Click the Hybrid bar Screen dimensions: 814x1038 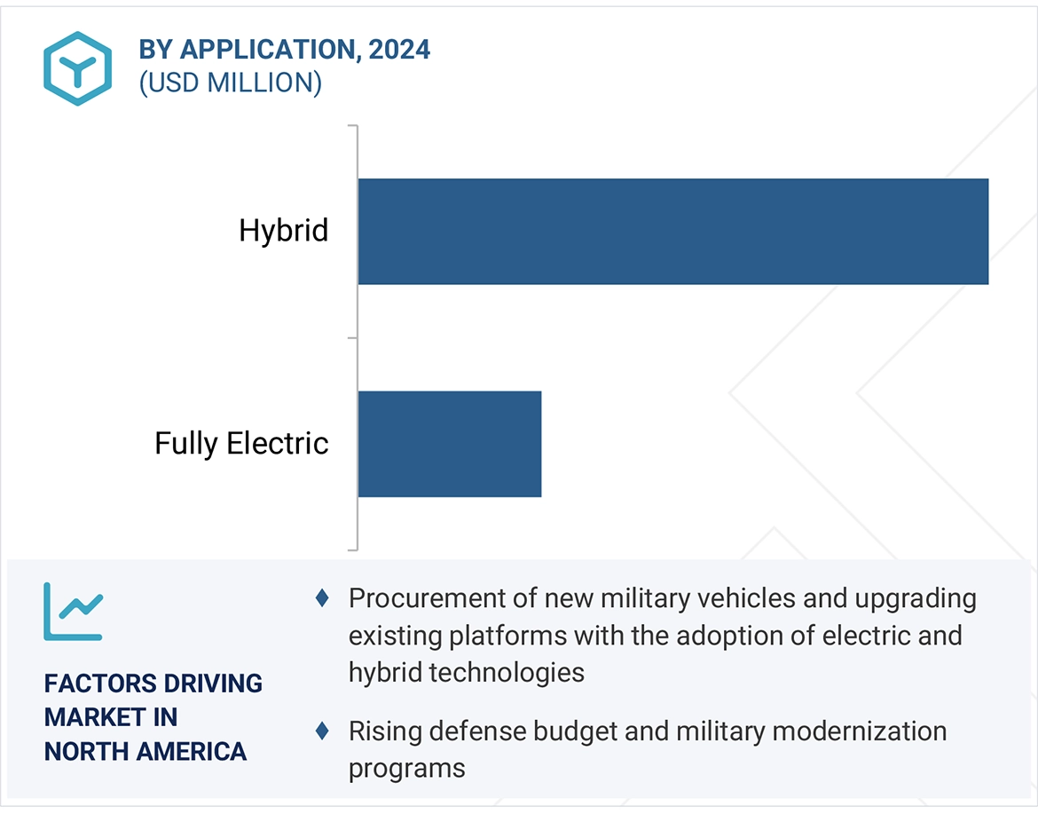[x=672, y=231]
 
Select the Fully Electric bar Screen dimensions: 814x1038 [x=449, y=443]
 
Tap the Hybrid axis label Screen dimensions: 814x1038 [x=284, y=231]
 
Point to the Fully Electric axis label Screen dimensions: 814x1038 [x=241, y=443]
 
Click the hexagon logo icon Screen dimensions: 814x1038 [x=78, y=68]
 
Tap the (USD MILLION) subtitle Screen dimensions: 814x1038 [x=230, y=83]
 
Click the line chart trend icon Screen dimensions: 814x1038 [x=73, y=612]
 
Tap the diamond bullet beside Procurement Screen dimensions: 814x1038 [x=323, y=598]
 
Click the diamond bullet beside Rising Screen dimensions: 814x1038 [x=323, y=731]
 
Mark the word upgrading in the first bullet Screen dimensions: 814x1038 [x=915, y=599]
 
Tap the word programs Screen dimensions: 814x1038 [x=406, y=767]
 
